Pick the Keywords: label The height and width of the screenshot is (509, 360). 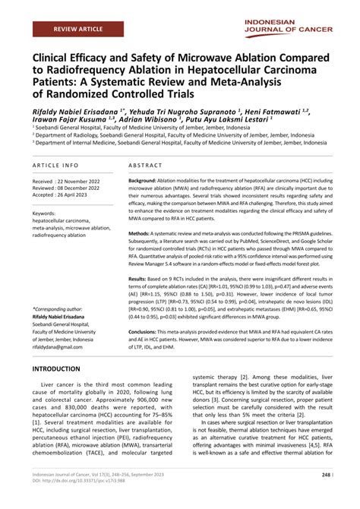point(49,214)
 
